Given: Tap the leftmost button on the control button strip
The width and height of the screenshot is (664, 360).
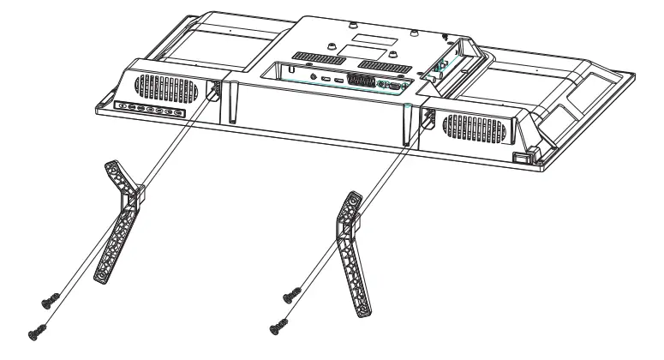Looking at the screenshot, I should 123,106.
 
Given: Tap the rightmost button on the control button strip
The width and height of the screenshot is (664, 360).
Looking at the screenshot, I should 177,114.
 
